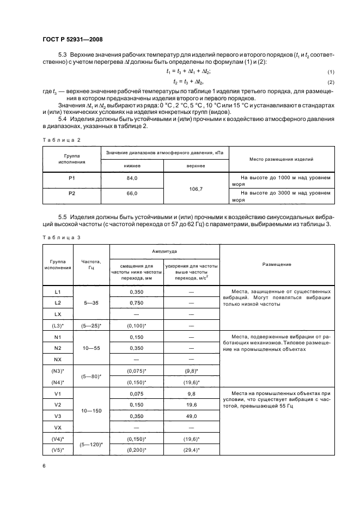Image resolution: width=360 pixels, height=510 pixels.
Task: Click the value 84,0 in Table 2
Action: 132,178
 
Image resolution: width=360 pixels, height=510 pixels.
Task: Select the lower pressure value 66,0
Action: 132,193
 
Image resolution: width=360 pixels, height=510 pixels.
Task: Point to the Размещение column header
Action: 277,264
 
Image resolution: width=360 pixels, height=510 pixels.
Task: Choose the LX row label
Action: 58,314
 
